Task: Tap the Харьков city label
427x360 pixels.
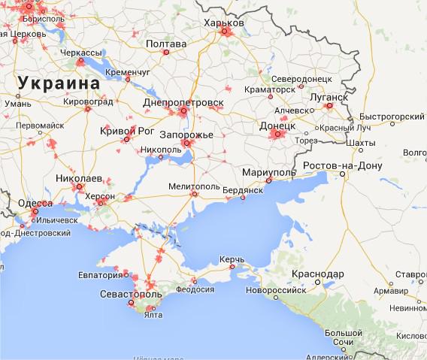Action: (x=224, y=24)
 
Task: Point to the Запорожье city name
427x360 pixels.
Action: (x=187, y=135)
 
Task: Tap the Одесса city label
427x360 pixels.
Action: (x=35, y=204)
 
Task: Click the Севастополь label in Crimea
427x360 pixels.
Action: (x=130, y=294)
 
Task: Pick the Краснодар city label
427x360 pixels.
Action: (x=319, y=273)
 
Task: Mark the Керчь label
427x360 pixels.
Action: (x=231, y=259)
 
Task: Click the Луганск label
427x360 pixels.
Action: (x=328, y=97)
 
